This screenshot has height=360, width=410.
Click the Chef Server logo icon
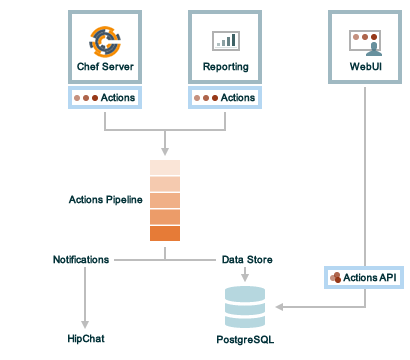105,41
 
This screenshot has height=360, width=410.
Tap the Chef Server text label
105,68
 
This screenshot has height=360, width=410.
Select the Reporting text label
225,68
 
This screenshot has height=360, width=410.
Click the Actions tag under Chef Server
105,98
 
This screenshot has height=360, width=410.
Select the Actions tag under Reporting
225,98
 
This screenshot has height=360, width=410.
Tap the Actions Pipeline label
106,199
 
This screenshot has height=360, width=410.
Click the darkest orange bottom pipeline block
165,234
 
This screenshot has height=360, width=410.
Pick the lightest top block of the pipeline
165,167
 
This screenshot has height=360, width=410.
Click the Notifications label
81,259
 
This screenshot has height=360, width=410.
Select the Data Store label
247,259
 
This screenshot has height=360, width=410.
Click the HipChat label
87,339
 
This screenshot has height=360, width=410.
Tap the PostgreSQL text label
245,340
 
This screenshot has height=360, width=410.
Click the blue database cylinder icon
245,306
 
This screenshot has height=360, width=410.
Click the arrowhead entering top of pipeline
165,150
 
